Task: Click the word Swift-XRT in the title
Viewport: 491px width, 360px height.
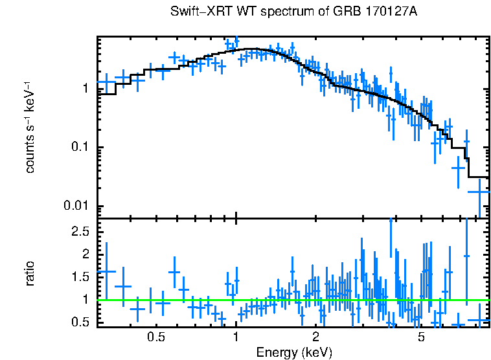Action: [195, 12]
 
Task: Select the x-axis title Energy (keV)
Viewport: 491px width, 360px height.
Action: [294, 352]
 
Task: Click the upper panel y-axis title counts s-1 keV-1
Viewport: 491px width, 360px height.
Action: [30, 128]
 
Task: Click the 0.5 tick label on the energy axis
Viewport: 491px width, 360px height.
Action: [155, 337]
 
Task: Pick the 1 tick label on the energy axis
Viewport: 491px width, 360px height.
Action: [236, 337]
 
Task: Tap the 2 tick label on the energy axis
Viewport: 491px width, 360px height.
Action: [316, 337]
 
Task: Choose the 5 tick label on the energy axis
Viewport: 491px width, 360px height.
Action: [421, 337]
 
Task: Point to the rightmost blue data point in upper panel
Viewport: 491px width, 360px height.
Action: [479, 192]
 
